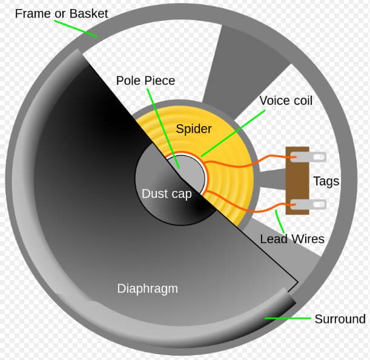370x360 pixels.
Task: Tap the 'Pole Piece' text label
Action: pyautogui.click(x=146, y=81)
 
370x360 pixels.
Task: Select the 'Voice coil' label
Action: pyautogui.click(x=286, y=100)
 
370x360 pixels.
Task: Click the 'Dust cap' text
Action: pyautogui.click(x=167, y=194)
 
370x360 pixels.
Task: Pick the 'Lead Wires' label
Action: pyautogui.click(x=292, y=239)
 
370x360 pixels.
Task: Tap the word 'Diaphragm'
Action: pyautogui.click(x=148, y=288)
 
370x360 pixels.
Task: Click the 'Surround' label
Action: pyautogui.click(x=340, y=319)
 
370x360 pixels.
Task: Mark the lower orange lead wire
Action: pyautogui.click(x=254, y=206)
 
